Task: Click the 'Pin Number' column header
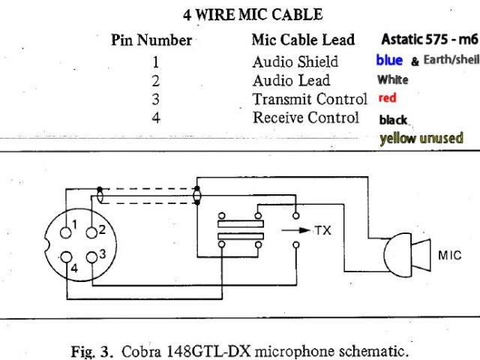click(x=151, y=40)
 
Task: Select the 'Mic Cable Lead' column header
click(x=304, y=40)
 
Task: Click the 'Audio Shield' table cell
click(x=295, y=61)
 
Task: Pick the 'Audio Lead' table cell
click(x=291, y=80)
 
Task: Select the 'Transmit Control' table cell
click(x=310, y=99)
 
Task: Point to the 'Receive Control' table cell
click(x=306, y=118)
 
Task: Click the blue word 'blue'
click(x=389, y=60)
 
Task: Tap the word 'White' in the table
click(x=393, y=79)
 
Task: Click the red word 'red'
click(x=387, y=98)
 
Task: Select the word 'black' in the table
click(x=394, y=119)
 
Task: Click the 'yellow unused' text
click(x=421, y=138)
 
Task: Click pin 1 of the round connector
click(x=67, y=223)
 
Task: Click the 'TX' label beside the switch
click(x=322, y=230)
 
